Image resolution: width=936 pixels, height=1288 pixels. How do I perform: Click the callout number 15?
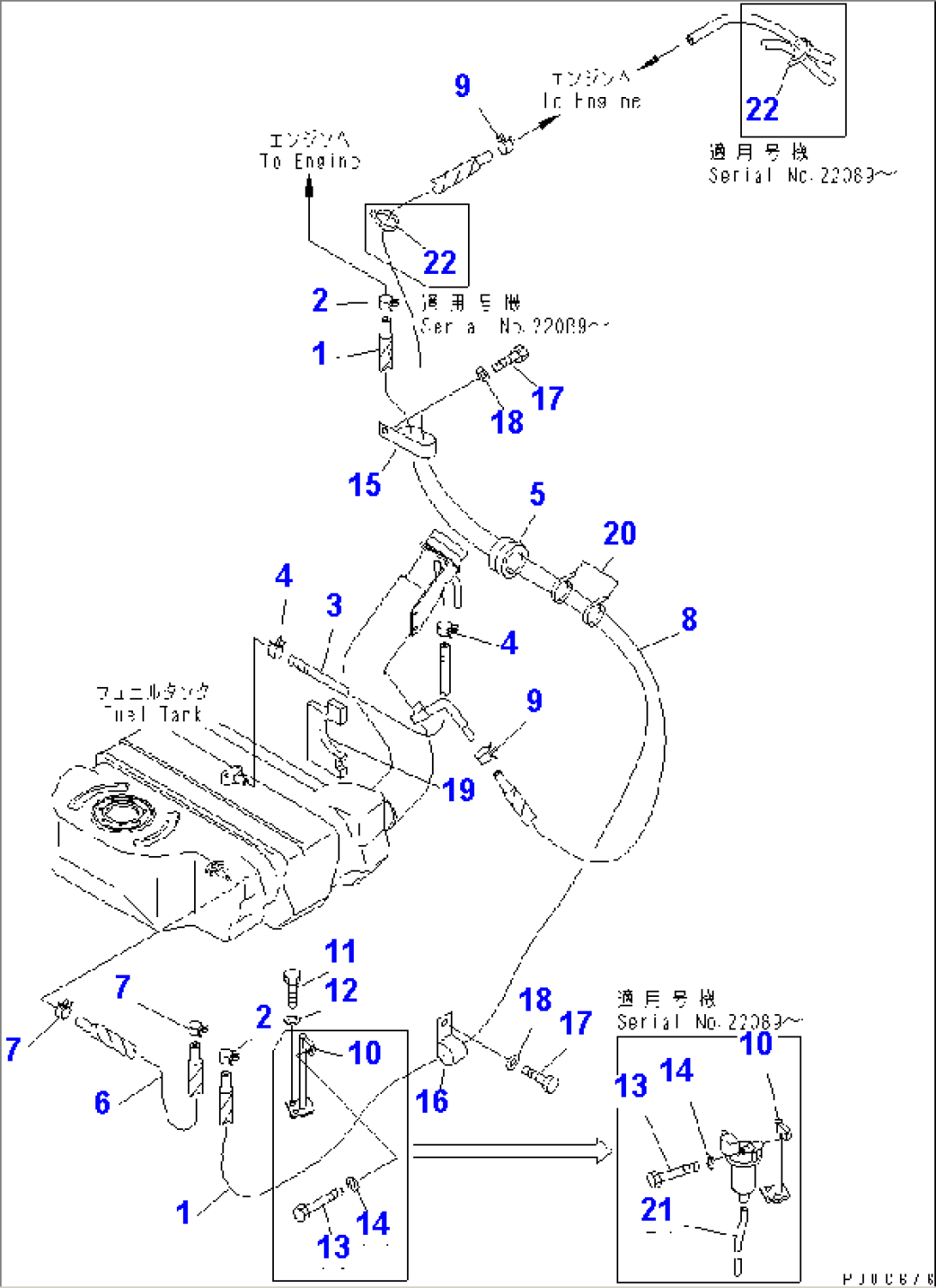point(364,484)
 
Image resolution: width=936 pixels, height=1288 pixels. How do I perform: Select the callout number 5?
point(537,494)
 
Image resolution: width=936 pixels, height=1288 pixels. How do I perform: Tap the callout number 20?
point(619,533)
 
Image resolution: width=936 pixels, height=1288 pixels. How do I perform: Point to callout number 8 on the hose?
point(689,619)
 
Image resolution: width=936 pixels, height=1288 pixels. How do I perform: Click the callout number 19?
point(459,789)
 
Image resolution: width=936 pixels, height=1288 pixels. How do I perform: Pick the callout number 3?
point(334,605)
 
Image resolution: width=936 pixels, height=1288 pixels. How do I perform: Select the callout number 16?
point(431,1101)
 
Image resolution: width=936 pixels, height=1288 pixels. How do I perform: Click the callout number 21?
point(657,1209)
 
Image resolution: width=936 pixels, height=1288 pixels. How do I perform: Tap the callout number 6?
point(102,1102)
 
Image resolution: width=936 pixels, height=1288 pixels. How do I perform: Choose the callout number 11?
point(340,951)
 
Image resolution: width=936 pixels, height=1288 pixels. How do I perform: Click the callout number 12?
point(341,990)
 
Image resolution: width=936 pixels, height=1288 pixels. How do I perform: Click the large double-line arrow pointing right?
point(511,1151)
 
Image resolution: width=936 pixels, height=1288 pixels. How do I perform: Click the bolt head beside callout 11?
point(291,976)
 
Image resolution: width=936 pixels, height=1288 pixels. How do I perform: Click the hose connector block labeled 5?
point(508,556)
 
